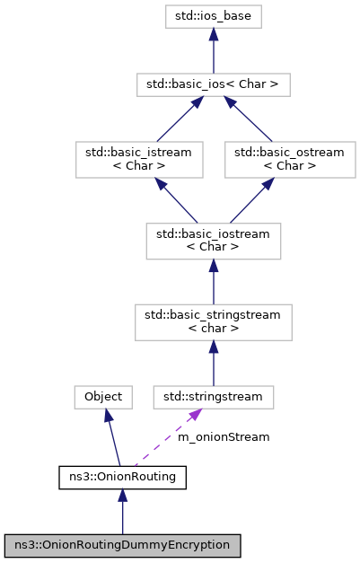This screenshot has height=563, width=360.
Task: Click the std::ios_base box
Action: (213, 16)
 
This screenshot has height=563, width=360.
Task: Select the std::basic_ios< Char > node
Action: (213, 85)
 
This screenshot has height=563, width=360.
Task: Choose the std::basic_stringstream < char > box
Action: (213, 321)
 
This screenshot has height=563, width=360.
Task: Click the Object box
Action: (103, 396)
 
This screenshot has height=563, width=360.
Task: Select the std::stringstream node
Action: (213, 396)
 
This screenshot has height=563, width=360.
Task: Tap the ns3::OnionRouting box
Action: (122, 477)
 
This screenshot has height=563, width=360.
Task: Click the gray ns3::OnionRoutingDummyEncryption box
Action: (122, 545)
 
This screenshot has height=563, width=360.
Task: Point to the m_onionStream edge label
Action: (223, 437)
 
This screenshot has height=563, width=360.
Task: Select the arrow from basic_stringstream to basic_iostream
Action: (213, 279)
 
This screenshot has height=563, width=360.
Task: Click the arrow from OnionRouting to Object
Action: (112, 436)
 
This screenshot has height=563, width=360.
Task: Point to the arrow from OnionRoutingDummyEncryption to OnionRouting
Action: (122, 511)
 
